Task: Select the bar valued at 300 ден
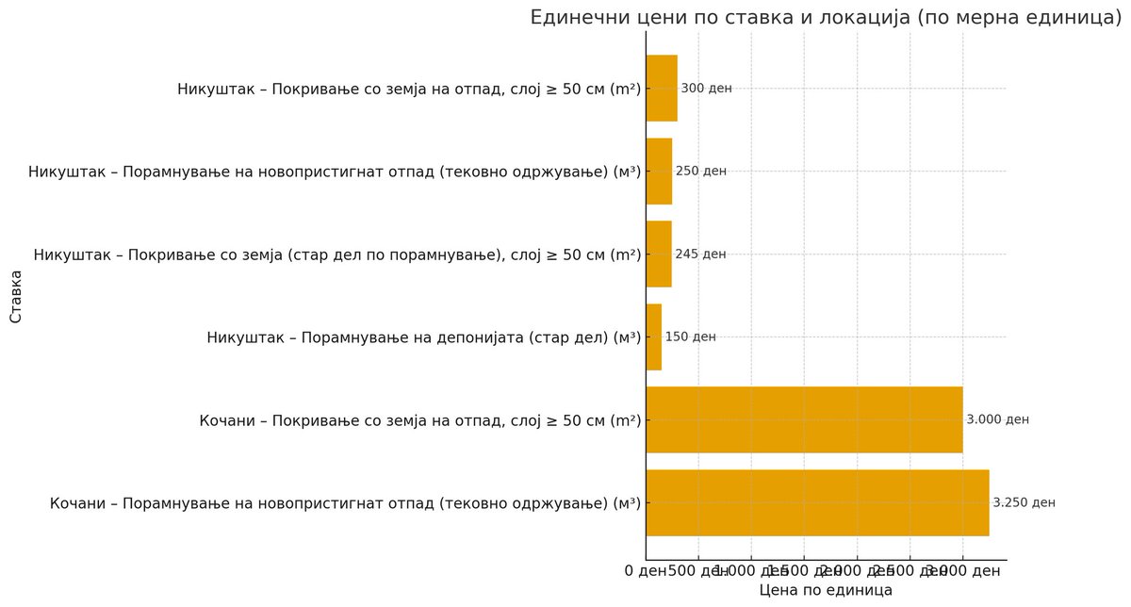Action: coord(662,89)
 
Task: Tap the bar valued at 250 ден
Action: coord(659,172)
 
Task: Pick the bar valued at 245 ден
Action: coord(659,254)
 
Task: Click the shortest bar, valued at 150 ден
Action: coord(654,336)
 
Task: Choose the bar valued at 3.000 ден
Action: coord(804,419)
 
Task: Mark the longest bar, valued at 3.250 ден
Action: coord(817,502)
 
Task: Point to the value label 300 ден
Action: coord(706,89)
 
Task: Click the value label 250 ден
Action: coord(701,172)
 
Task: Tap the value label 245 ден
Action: coord(700,254)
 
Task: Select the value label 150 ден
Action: coord(690,336)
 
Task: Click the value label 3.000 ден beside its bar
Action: coord(998,419)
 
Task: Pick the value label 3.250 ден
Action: coord(1024,502)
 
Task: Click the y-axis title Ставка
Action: coord(16,296)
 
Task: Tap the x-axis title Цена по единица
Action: coord(826,590)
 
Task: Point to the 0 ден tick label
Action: coord(646,570)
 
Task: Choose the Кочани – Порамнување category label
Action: coord(345,503)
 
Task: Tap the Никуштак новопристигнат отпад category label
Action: coord(335,172)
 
